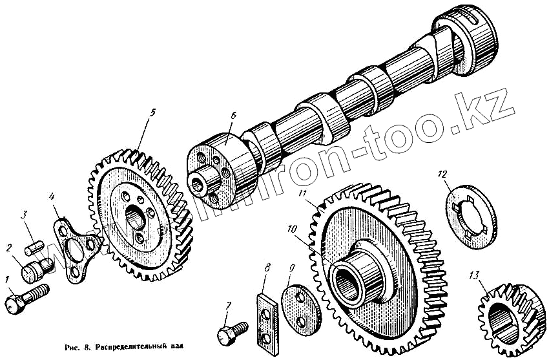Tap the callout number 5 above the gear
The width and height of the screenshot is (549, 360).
click(x=152, y=112)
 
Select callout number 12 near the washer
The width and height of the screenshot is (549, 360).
click(x=442, y=173)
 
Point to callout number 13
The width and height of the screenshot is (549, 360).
click(x=475, y=276)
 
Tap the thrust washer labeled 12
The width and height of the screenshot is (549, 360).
click(x=469, y=213)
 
